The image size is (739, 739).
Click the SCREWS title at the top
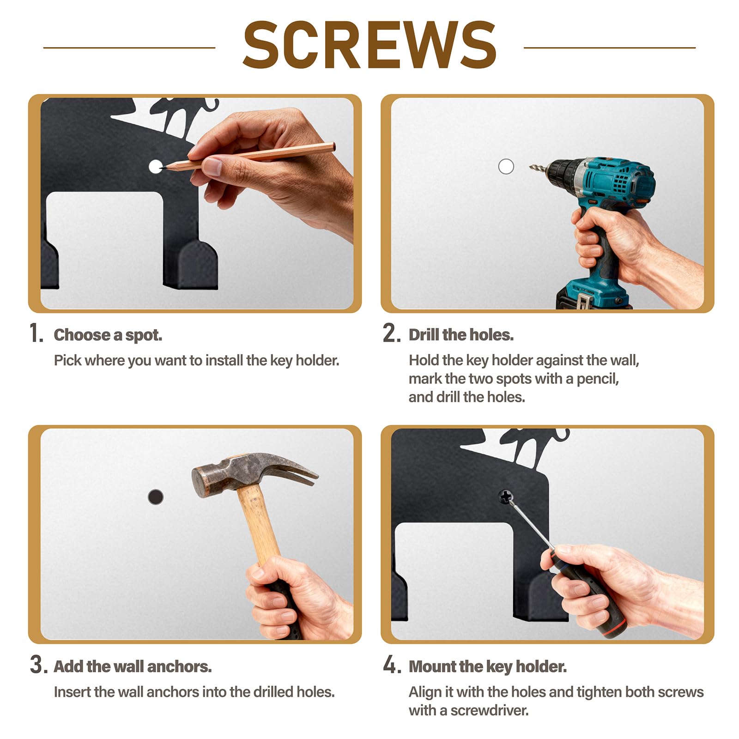369,45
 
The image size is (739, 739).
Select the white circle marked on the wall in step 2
506,166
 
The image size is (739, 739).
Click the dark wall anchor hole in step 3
156,497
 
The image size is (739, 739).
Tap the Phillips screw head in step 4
506,497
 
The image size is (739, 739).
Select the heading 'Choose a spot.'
108,335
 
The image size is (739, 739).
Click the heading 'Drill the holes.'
461,335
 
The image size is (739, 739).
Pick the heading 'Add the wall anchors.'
133,666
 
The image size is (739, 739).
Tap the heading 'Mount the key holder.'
487,666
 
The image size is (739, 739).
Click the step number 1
36,333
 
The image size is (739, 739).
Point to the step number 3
38,665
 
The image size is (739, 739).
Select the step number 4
392,665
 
